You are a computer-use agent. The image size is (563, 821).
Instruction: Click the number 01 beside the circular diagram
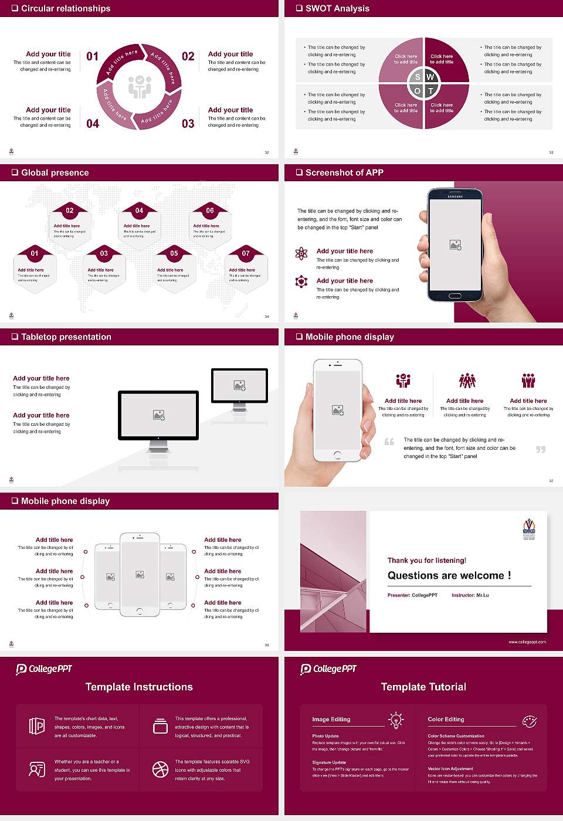(x=93, y=56)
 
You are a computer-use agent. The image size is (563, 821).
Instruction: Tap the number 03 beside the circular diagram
(x=188, y=124)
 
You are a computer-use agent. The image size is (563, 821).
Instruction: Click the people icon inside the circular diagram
(x=140, y=87)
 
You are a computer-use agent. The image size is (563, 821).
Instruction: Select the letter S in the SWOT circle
(x=418, y=77)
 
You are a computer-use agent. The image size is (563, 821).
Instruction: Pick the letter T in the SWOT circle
(x=431, y=91)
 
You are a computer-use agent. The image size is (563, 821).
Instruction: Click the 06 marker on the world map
(x=210, y=211)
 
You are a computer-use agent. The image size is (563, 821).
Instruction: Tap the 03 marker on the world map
(x=104, y=253)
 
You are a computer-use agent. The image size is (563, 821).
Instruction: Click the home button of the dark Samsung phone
(x=455, y=297)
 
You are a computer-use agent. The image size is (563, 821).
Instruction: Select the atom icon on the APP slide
(x=301, y=253)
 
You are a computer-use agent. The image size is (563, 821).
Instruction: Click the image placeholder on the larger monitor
(x=158, y=415)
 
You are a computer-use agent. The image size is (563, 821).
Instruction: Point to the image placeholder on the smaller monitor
(x=239, y=385)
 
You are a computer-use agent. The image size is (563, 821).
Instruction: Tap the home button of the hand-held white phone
(x=337, y=454)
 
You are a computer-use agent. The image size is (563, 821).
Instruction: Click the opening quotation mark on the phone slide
(x=389, y=442)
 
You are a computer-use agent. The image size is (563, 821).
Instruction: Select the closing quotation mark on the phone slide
(x=541, y=449)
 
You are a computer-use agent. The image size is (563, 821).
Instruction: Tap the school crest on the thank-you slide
(x=529, y=529)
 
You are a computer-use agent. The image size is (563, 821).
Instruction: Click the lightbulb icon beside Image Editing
(x=396, y=720)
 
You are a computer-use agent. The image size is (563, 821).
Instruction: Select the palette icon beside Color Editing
(x=530, y=721)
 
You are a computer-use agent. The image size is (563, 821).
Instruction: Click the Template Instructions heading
(x=139, y=687)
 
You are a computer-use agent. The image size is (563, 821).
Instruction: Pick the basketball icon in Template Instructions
(x=160, y=769)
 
